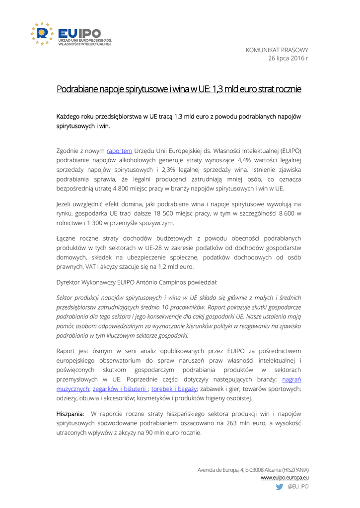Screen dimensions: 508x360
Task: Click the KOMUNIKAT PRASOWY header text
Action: (x=277, y=50)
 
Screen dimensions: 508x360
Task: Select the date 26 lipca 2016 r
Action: (x=288, y=59)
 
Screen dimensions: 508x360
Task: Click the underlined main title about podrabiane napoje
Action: (x=179, y=89)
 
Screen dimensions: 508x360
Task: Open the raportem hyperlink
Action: (x=119, y=150)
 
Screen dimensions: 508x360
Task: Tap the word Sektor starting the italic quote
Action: (x=67, y=298)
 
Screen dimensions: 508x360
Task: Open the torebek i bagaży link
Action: (x=174, y=389)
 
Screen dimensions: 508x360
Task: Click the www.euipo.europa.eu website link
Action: (x=285, y=477)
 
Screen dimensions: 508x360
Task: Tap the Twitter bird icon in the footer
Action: (x=280, y=487)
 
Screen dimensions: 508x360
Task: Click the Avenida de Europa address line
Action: (x=253, y=469)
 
